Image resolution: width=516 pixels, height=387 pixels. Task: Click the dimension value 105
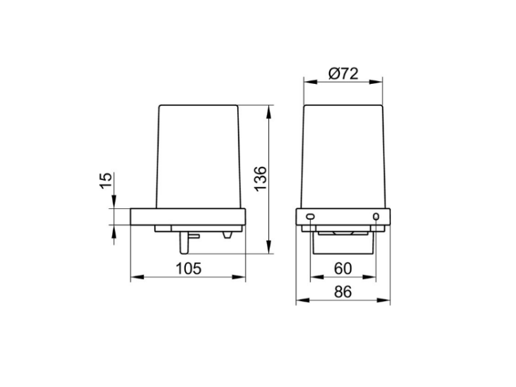click(x=189, y=269)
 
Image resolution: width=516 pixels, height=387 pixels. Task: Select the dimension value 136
click(x=261, y=179)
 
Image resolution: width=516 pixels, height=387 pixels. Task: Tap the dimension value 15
click(x=106, y=181)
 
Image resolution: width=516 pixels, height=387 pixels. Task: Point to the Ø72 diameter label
click(x=343, y=74)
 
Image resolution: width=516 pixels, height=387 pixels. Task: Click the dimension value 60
click(x=343, y=269)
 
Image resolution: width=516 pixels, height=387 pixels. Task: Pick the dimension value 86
click(x=343, y=291)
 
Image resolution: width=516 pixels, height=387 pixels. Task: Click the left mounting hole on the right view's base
click(x=310, y=217)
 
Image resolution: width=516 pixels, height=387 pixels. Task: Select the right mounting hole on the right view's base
click(x=376, y=217)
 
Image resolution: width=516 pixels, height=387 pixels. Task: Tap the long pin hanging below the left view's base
click(x=183, y=243)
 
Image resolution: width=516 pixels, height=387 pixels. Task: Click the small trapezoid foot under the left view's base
click(x=227, y=235)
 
